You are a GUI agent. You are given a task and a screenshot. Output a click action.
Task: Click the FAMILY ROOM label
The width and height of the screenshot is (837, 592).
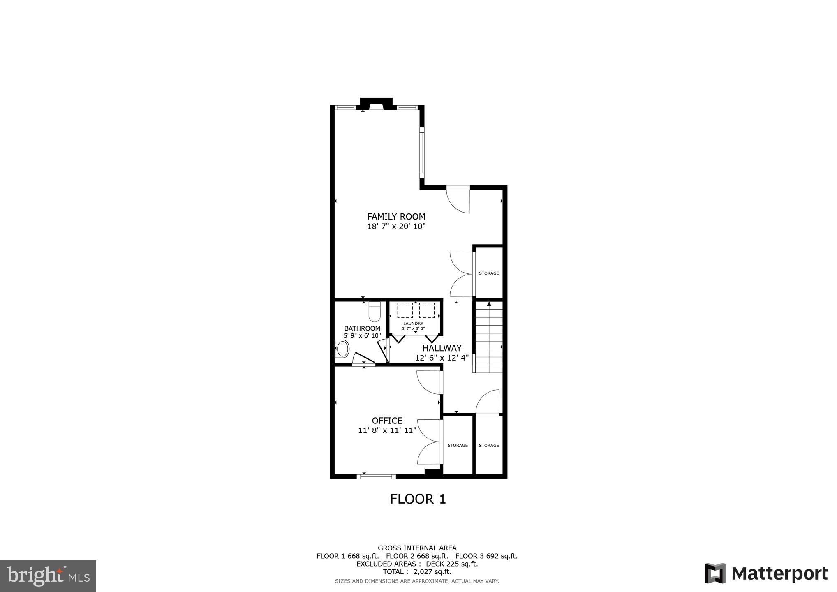[396, 216]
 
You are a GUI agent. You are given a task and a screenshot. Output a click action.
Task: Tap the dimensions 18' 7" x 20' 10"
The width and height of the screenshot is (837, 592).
[396, 226]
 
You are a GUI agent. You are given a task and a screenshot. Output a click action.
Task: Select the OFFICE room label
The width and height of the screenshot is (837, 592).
[387, 421]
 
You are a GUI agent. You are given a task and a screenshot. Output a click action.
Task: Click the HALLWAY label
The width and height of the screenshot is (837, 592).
[442, 348]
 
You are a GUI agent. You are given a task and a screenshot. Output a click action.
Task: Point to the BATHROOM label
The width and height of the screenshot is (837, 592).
[362, 328]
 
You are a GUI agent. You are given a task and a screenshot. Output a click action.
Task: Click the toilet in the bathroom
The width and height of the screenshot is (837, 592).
[375, 312]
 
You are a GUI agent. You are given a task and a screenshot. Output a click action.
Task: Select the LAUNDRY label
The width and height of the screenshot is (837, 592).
[413, 324]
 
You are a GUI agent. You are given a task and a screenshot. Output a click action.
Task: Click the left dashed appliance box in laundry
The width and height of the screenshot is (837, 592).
[405, 310]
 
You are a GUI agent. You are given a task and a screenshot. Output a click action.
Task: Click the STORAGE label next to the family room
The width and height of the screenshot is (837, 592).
[489, 273]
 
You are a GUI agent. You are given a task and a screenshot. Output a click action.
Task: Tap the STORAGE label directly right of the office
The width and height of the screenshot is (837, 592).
[457, 445]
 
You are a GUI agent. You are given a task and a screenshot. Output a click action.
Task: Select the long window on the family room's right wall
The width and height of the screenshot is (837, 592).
[422, 153]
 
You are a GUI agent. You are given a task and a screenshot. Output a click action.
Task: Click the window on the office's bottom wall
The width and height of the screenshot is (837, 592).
[376, 477]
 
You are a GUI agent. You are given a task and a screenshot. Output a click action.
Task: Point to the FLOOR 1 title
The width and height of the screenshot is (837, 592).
[418, 499]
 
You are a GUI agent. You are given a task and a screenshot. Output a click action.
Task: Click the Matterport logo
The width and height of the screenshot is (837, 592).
[766, 573]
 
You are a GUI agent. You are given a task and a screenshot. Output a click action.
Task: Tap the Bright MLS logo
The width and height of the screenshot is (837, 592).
[48, 576]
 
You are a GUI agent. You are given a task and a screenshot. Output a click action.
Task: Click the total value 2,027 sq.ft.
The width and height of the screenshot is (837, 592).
[432, 572]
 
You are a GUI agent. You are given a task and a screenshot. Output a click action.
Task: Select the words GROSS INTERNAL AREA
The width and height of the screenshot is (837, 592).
[417, 548]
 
